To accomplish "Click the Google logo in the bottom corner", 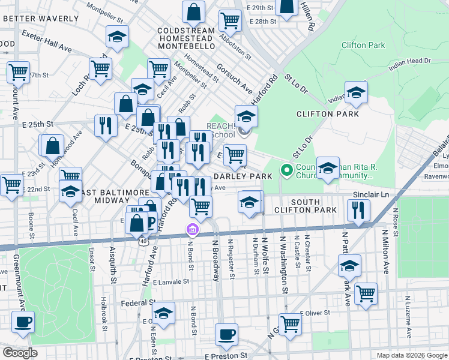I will (x=20, y=353).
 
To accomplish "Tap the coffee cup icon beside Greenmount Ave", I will (x=23, y=322).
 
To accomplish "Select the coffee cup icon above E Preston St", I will (x=226, y=334).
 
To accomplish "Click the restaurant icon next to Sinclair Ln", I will (x=359, y=209).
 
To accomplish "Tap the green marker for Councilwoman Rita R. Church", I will (x=287, y=170).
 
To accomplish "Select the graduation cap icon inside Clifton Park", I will (x=356, y=92).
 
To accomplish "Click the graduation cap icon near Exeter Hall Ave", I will (x=117, y=37).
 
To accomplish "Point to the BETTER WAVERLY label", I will (x=40, y=19).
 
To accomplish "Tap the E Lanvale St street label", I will (x=170, y=281).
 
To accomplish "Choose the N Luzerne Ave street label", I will (x=408, y=312).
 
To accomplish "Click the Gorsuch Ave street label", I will (x=235, y=79).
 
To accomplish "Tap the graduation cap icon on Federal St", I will (x=163, y=312).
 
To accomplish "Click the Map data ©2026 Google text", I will (x=411, y=355).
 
